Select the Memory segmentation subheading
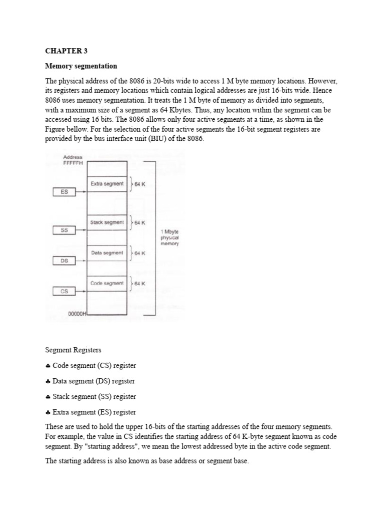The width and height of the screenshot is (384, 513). click(x=81, y=66)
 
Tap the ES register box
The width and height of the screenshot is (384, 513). click(x=64, y=191)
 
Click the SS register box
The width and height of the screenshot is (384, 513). click(x=64, y=230)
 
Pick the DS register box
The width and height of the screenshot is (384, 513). click(x=64, y=261)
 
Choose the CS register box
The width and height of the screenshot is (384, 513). click(x=64, y=291)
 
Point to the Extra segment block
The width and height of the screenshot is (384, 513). click(x=107, y=184)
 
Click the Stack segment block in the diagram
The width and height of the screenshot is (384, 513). click(x=107, y=222)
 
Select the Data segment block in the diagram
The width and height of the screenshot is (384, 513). click(x=107, y=253)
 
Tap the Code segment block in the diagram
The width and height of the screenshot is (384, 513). click(x=107, y=284)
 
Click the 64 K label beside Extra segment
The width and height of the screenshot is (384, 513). click(x=139, y=184)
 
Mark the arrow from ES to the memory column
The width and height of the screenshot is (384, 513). click(x=81, y=191)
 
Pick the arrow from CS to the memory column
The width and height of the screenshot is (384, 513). click(x=81, y=291)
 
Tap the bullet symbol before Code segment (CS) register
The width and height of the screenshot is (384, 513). click(x=47, y=366)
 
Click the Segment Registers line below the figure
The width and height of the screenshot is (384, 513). click(x=73, y=350)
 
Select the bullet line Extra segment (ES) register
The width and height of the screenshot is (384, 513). click(x=90, y=412)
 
